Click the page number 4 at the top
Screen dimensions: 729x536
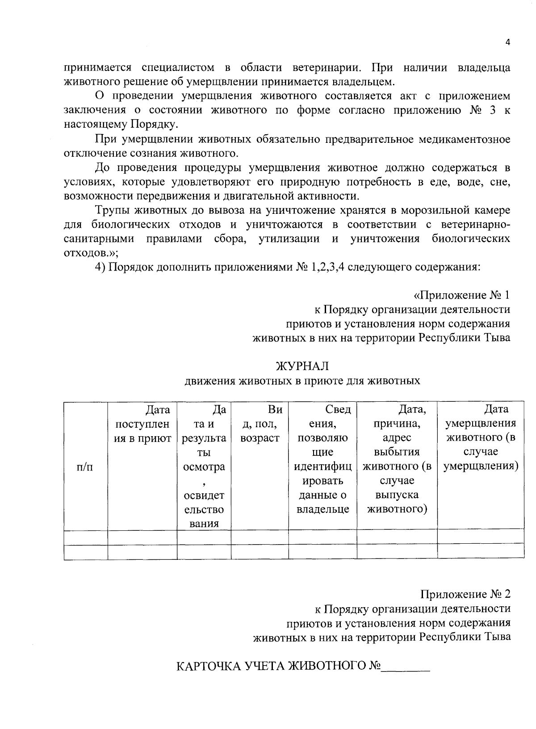click(507, 42)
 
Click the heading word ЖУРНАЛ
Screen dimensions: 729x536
click(302, 366)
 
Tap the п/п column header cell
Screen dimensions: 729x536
click(85, 467)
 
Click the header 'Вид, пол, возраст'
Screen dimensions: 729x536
click(260, 424)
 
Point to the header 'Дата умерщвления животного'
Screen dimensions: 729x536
click(481, 437)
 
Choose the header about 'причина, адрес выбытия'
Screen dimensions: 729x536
click(397, 459)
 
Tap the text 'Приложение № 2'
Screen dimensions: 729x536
click(465, 594)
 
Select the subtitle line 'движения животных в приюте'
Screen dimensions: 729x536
click(302, 381)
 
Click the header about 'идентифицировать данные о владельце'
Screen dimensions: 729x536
click(322, 459)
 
